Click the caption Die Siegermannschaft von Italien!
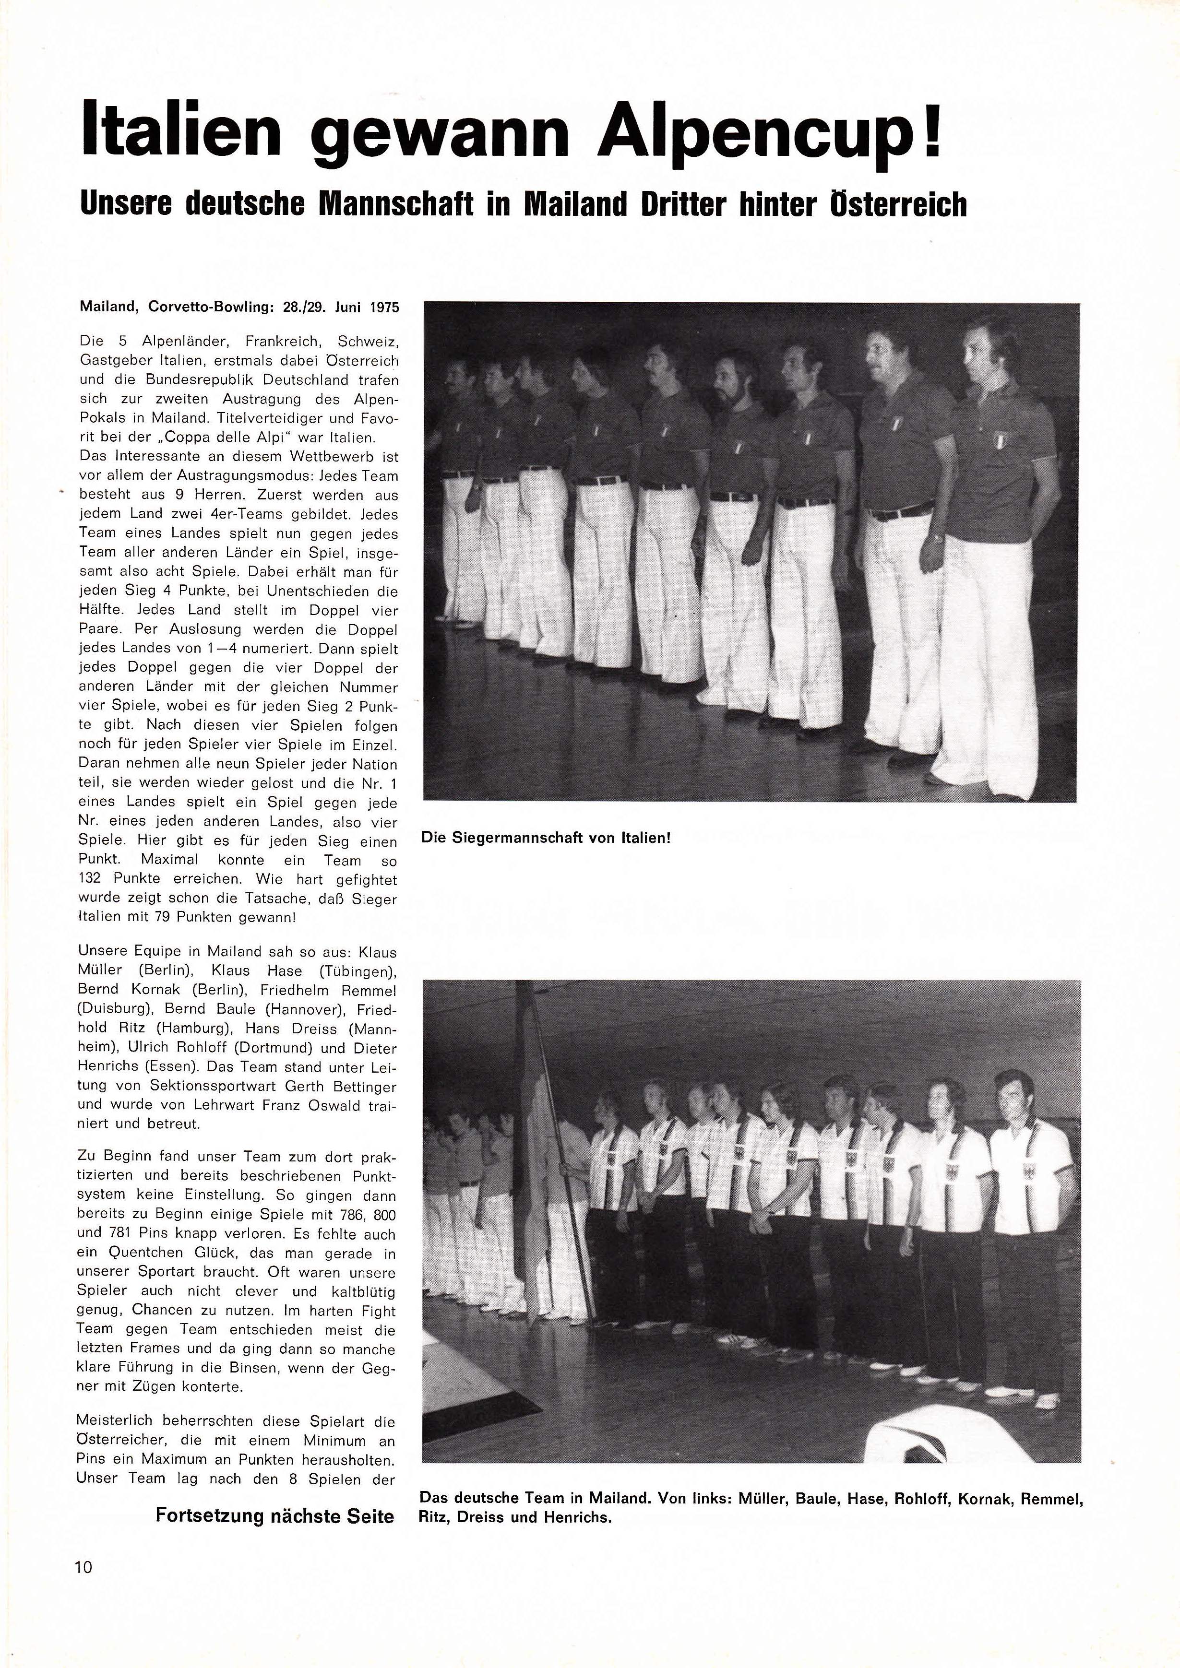pos(545,838)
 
